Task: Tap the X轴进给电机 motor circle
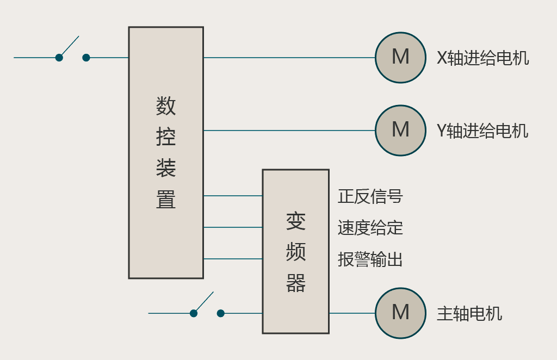click(x=400, y=58)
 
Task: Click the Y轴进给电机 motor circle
click(x=400, y=131)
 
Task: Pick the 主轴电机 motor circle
click(x=400, y=313)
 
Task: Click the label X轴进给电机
click(x=482, y=58)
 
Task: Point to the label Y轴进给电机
click(x=482, y=131)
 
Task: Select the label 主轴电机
click(x=469, y=314)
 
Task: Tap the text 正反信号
click(x=370, y=196)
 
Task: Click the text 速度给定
click(x=370, y=228)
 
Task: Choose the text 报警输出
click(x=370, y=259)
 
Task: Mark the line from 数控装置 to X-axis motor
click(x=288, y=58)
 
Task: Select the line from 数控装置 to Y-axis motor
click(x=288, y=131)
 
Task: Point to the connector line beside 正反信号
click(x=233, y=196)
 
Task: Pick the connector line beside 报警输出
click(x=233, y=259)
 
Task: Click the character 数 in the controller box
click(x=166, y=105)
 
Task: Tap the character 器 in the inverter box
click(x=296, y=283)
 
